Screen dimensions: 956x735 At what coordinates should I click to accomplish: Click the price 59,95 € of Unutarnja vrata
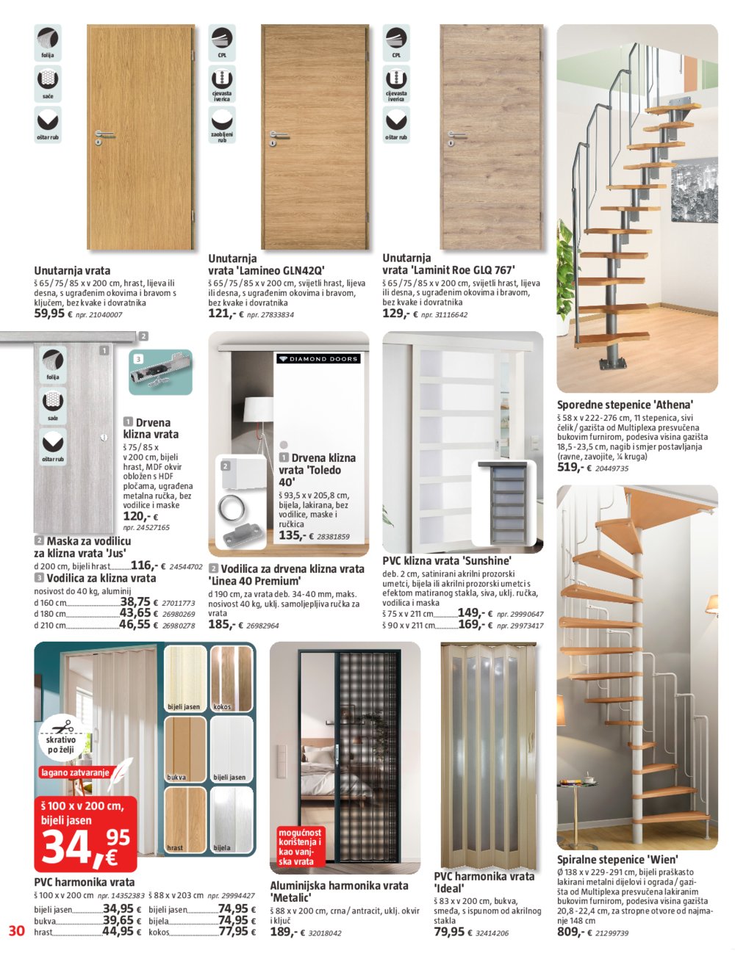[53, 314]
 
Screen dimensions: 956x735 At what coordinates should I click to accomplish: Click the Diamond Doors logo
[318, 359]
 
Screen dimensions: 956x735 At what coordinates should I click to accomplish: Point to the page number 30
[16, 931]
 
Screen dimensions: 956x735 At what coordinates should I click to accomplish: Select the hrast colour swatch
[184, 819]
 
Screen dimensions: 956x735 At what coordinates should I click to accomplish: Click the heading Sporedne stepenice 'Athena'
[625, 405]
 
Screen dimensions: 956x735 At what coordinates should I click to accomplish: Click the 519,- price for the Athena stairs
[570, 467]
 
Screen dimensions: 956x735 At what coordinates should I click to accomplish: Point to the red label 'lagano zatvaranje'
[74, 772]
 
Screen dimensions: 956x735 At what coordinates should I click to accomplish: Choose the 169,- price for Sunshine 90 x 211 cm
[470, 625]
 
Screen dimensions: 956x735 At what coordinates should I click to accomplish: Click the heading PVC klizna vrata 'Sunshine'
[447, 560]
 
